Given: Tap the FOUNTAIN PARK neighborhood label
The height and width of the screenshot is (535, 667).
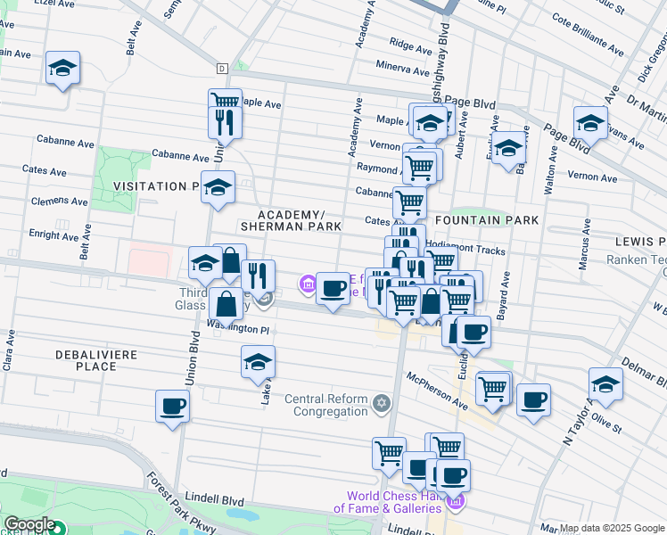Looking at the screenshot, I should pyautogui.click(x=487, y=219).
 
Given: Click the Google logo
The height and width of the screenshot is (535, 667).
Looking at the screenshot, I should pyautogui.click(x=29, y=525).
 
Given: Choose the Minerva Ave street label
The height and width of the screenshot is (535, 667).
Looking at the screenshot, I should pyautogui.click(x=403, y=66).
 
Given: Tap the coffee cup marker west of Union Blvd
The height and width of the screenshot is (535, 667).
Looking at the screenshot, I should pyautogui.click(x=173, y=407).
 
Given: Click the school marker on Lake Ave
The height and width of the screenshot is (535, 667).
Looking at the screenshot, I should pyautogui.click(x=258, y=362).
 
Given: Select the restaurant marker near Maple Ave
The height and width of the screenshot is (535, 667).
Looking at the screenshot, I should pyautogui.click(x=225, y=121).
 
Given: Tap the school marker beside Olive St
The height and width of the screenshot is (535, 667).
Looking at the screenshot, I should pyautogui.click(x=605, y=384).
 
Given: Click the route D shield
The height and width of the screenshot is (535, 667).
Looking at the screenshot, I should pyautogui.click(x=222, y=68).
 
